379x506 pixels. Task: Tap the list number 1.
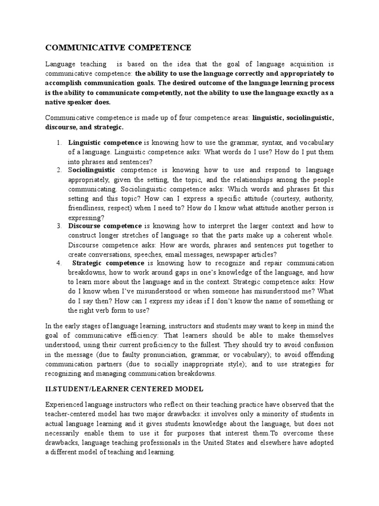click(x=58, y=143)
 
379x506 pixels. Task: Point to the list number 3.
click(x=58, y=226)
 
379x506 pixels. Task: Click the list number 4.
click(x=58, y=263)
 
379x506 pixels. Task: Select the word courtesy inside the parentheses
click(x=282, y=198)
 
